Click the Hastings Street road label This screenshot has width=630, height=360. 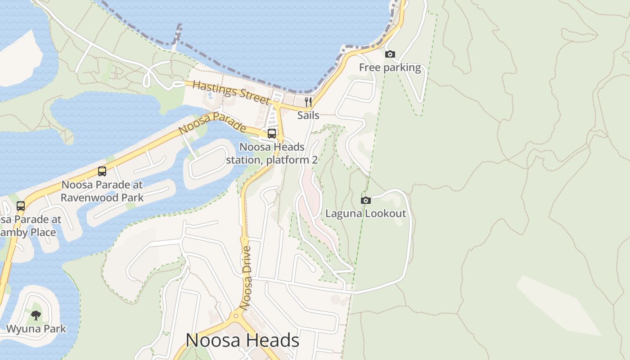(231, 92)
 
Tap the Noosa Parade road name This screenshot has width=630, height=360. (212, 123)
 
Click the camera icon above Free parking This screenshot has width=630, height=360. (390, 54)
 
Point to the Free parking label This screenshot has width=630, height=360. (390, 68)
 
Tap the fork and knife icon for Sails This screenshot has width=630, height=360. (308, 102)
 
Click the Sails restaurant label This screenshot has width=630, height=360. (308, 115)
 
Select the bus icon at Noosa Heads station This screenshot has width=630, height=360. (272, 134)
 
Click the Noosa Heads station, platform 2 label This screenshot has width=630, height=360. (272, 153)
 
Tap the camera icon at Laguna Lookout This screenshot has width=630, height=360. (366, 200)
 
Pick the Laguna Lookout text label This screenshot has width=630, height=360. (365, 213)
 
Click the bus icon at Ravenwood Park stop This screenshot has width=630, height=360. (102, 171)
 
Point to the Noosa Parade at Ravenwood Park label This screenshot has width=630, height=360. (102, 191)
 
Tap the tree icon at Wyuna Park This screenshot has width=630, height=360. (36, 315)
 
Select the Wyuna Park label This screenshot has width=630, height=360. (36, 329)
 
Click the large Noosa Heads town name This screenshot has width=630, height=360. (242, 340)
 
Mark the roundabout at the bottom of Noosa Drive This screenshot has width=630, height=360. (236, 315)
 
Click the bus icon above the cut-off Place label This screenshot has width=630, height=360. (21, 206)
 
